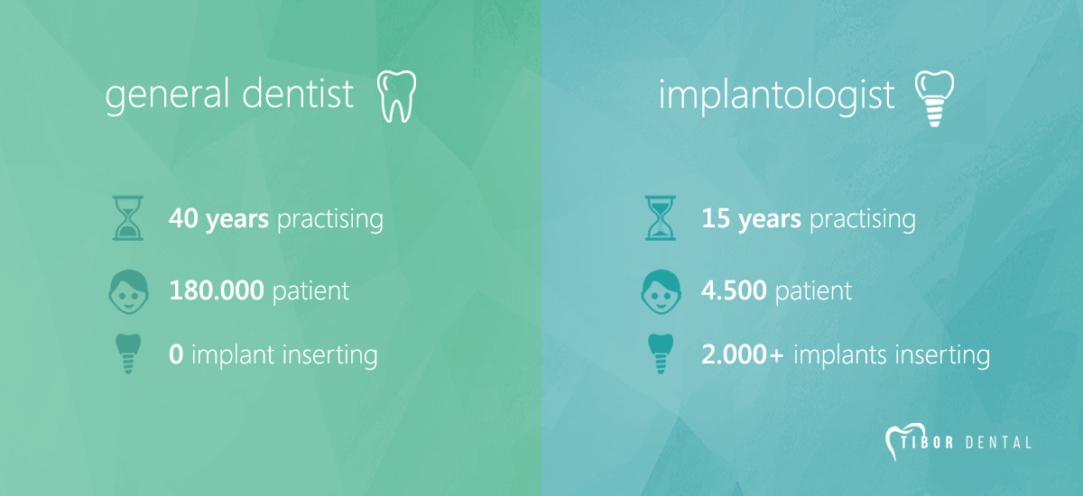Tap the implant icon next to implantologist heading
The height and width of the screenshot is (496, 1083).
(x=935, y=98)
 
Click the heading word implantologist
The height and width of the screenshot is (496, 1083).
(x=776, y=96)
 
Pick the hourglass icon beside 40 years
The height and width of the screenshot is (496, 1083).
(x=127, y=218)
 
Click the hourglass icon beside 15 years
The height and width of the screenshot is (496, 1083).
(x=661, y=218)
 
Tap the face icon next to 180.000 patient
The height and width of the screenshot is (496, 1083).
(x=128, y=291)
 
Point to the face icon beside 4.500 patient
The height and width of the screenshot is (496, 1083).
(x=661, y=291)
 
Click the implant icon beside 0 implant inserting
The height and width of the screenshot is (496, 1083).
(x=128, y=354)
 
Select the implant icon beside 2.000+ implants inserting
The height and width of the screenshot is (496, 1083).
(x=661, y=354)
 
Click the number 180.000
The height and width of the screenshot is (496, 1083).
(x=217, y=290)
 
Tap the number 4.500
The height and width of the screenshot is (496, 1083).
(x=734, y=290)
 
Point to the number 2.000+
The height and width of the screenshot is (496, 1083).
(x=743, y=354)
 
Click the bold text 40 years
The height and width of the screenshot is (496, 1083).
(x=218, y=219)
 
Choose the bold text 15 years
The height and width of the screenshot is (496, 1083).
(x=751, y=219)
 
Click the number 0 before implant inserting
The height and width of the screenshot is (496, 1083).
(x=176, y=354)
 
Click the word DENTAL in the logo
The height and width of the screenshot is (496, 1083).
(x=998, y=443)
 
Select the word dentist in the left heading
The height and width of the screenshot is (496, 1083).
(x=298, y=93)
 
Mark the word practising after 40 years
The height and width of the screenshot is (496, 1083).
(x=330, y=220)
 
